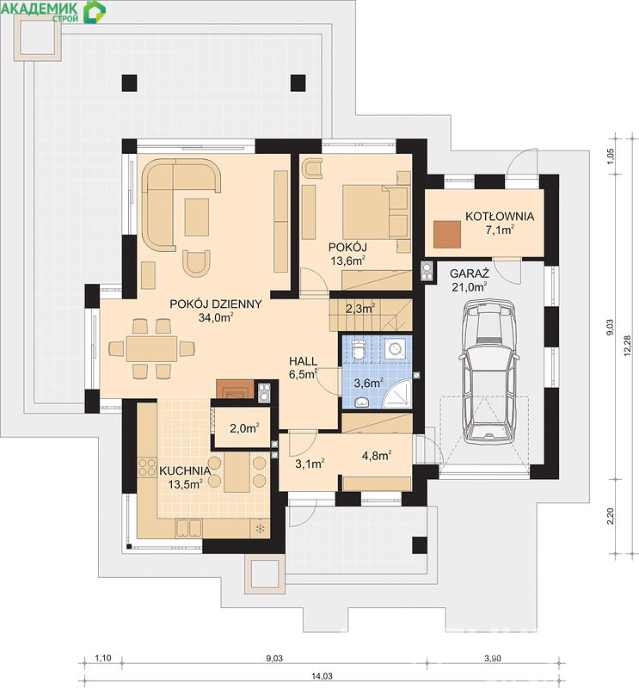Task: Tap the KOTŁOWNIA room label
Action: click(500, 217)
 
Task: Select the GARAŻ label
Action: click(470, 273)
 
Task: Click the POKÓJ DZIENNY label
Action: click(216, 304)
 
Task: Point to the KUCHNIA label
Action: click(185, 470)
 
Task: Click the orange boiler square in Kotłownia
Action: click(447, 235)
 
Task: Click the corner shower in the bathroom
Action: click(397, 394)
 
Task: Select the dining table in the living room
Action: click(151, 349)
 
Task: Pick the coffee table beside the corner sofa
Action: click(197, 217)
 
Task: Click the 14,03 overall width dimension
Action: click(322, 676)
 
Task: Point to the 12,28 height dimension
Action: click(627, 346)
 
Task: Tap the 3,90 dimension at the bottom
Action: click(493, 658)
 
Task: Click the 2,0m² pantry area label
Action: click(244, 427)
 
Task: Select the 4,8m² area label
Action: click(377, 456)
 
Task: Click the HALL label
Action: click(304, 361)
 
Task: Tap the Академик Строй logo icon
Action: click(95, 11)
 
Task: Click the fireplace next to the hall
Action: click(236, 389)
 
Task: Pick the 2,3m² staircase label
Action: click(360, 309)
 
